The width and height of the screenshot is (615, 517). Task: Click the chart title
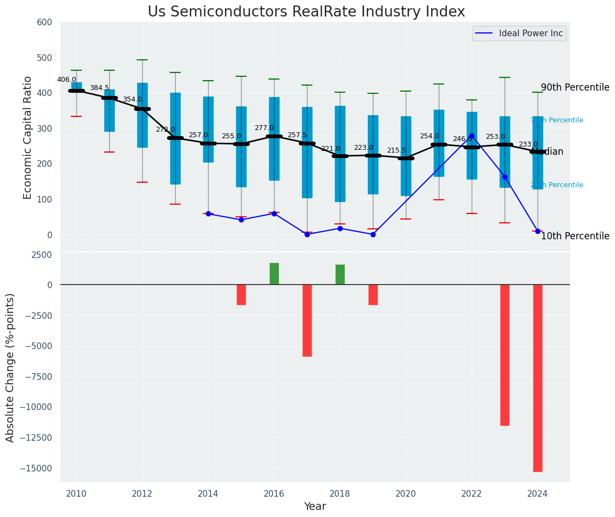[x=306, y=12]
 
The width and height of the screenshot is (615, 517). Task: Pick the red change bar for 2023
[x=505, y=355]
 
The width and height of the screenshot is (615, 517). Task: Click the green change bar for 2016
[x=274, y=274]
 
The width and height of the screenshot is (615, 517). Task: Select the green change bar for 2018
[x=340, y=274]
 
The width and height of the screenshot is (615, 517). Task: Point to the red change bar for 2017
[x=307, y=320]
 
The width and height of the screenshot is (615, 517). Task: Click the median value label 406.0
[x=66, y=80]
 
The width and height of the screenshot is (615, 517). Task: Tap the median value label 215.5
[x=396, y=150]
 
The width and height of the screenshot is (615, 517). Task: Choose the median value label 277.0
[x=264, y=128]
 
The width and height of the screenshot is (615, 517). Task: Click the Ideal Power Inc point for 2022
[x=472, y=136]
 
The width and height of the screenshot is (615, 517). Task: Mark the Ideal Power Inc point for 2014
[x=208, y=213]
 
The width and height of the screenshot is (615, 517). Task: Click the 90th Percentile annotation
[x=575, y=88]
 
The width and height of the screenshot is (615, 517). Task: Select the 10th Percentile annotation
[x=575, y=237]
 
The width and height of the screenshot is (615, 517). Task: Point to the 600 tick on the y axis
[x=44, y=23]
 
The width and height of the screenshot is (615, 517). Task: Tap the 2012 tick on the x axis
[x=142, y=493]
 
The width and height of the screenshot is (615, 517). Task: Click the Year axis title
[x=315, y=507]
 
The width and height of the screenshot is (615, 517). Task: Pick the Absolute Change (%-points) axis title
[x=10, y=367]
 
